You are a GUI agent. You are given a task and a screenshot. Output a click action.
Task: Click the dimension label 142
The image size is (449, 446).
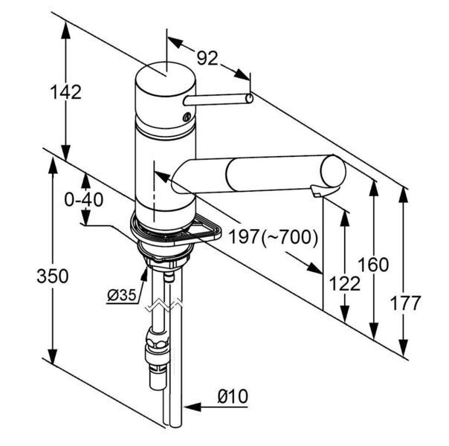(65, 92)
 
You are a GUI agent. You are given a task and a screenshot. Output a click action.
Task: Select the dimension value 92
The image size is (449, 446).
(207, 58)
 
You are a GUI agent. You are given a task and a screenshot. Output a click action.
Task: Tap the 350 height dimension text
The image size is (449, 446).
(53, 276)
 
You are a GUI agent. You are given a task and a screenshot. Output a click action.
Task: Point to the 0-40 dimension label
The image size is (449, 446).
(83, 199)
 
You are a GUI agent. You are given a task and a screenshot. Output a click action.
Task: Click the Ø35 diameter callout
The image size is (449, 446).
(122, 295)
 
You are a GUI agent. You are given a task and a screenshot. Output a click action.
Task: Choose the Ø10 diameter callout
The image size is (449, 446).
(233, 396)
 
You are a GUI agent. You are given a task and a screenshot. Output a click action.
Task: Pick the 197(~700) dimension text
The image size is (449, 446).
(273, 236)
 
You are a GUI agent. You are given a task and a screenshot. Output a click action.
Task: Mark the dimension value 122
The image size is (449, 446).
(344, 284)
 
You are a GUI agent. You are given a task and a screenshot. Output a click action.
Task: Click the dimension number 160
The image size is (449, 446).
(373, 265)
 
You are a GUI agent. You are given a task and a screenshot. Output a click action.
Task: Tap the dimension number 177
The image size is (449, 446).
(405, 303)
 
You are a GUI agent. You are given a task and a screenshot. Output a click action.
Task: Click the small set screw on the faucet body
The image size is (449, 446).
(187, 117)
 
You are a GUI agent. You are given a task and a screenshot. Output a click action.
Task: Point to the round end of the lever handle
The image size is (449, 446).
(249, 98)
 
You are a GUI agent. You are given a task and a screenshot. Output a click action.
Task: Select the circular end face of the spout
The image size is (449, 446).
(333, 172)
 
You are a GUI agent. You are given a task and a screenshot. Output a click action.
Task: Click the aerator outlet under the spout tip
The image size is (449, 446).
(317, 192)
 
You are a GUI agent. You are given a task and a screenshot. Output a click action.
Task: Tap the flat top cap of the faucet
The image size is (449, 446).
(166, 79)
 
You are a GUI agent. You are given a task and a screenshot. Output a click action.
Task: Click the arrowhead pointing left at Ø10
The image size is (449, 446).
(192, 407)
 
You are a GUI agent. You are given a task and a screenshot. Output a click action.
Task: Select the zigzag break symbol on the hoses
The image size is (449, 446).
(164, 306)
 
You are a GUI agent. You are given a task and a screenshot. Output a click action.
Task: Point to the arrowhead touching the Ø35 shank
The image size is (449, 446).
(145, 274)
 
